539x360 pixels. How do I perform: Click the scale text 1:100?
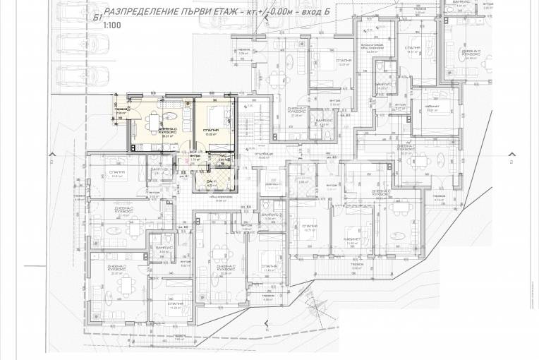[111, 25]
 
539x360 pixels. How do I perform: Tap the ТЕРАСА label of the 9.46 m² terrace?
[356, 265]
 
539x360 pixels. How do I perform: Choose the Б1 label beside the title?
[96, 16]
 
